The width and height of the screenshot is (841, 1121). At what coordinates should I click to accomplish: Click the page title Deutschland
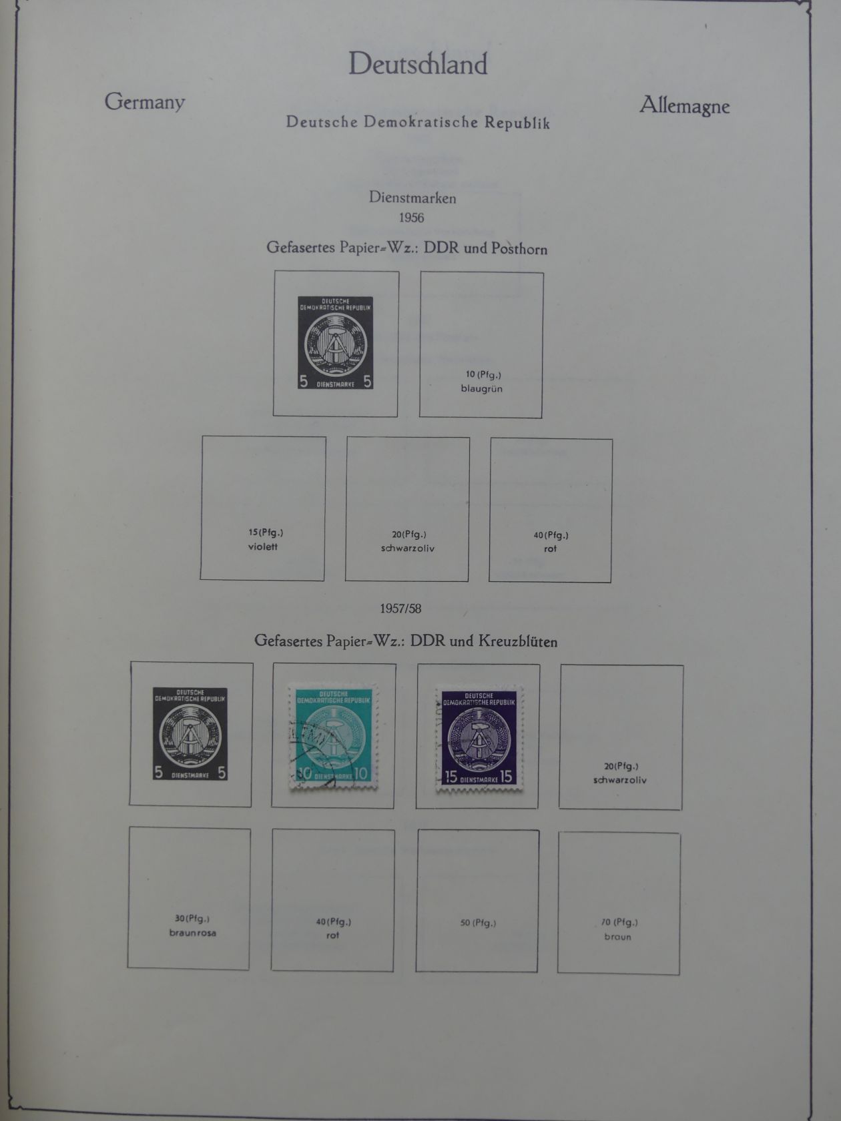point(418,65)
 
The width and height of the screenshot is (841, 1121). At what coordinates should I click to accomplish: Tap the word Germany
point(144,102)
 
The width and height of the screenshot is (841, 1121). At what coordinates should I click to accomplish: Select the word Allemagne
point(684,105)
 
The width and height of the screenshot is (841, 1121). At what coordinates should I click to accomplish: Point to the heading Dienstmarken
point(412,198)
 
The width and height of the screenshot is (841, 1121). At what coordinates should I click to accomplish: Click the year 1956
point(411,218)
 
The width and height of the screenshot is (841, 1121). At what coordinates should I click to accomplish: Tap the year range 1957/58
point(400,609)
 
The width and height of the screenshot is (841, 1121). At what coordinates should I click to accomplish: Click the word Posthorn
point(519,249)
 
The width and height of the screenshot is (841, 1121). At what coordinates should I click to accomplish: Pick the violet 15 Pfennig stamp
point(478,737)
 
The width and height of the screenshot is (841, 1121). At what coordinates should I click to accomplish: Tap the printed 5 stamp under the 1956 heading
point(335,343)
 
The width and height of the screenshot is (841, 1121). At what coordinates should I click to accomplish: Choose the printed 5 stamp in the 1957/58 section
point(190,734)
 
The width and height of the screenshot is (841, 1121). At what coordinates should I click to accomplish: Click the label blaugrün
point(481,388)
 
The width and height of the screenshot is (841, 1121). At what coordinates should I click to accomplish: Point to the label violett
point(263,546)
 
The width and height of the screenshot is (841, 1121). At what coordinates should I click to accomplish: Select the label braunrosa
point(192,933)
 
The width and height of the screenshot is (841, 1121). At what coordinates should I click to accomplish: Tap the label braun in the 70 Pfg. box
point(617,937)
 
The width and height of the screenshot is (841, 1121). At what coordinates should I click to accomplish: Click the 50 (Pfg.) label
point(478,923)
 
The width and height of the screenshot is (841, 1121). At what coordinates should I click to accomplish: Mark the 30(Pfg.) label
point(192,919)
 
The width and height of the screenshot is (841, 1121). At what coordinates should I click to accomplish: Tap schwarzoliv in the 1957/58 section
point(619,780)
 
